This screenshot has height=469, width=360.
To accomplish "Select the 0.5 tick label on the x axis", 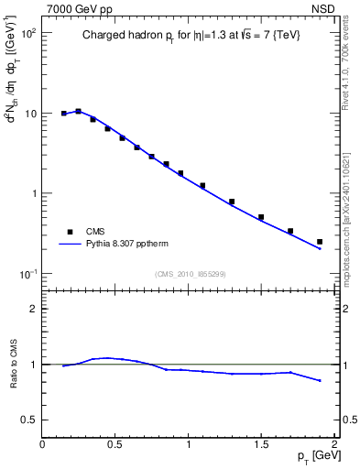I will click(x=115, y=444).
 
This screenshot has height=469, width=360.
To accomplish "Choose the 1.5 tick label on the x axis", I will click(x=261, y=444).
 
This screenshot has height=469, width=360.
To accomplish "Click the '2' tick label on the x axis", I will click(x=334, y=444).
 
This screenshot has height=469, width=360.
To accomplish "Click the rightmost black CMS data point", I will click(x=320, y=242).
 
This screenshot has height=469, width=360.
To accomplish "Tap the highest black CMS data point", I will click(x=78, y=111).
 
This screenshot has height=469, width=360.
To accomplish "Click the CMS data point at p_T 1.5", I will click(x=261, y=217).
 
